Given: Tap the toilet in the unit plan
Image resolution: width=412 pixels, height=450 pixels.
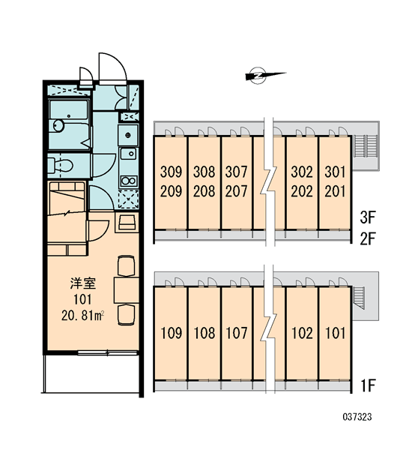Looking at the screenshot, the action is pyautogui.click(x=61, y=166).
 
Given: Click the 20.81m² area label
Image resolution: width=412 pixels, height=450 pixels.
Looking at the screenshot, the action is pyautogui.click(x=82, y=316).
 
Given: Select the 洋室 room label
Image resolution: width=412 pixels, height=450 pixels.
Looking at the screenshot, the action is pyautogui.click(x=83, y=283).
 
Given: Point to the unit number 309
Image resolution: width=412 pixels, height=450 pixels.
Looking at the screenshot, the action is pyautogui.click(x=171, y=172).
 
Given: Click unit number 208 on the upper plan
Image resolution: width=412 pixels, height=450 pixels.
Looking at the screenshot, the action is pyautogui.click(x=204, y=191).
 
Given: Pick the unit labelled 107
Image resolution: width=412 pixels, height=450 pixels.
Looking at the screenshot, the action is pyautogui.click(x=237, y=333).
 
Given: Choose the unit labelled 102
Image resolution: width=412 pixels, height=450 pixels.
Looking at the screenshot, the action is pyautogui.click(x=302, y=333).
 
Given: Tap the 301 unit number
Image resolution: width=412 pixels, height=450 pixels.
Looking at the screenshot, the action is pyautogui.click(x=335, y=172).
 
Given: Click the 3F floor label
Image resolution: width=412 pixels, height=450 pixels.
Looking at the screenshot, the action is pyautogui.click(x=368, y=217).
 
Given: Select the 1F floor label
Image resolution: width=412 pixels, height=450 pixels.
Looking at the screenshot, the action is pyautogui.click(x=368, y=385).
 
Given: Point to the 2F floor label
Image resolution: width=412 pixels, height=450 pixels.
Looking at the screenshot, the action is pyautogui.click(x=368, y=238).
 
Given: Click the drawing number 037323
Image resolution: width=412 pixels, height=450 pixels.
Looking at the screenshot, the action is pyautogui.click(x=357, y=417).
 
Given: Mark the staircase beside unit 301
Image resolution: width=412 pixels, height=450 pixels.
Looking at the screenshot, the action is pyautogui.click(x=365, y=146).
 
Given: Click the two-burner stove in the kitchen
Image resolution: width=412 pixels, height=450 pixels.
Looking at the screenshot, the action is pyautogui.click(x=129, y=181).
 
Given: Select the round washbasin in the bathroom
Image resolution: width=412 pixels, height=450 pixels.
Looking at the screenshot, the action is pyautogui.click(x=58, y=125).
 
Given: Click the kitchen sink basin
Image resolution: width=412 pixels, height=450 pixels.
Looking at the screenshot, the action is pyautogui.click(x=129, y=154).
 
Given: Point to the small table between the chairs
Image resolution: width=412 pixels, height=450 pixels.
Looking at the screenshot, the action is pyautogui.click(x=127, y=289).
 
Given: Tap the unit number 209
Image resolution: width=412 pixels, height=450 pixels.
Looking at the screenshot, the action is pyautogui.click(x=171, y=191).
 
